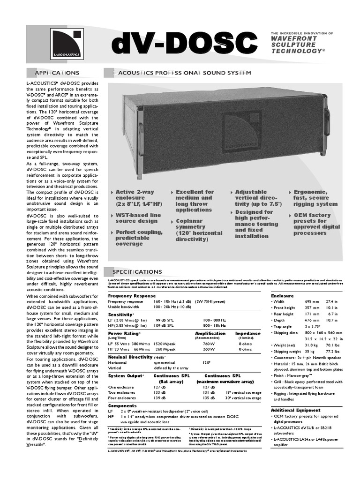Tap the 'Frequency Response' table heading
[x=132, y=296]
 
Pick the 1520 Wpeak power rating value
[x=164, y=343]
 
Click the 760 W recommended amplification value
[x=209, y=343]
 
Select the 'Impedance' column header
[x=247, y=333]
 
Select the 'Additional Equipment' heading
[x=295, y=410]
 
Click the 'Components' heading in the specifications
[x=123, y=405]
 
